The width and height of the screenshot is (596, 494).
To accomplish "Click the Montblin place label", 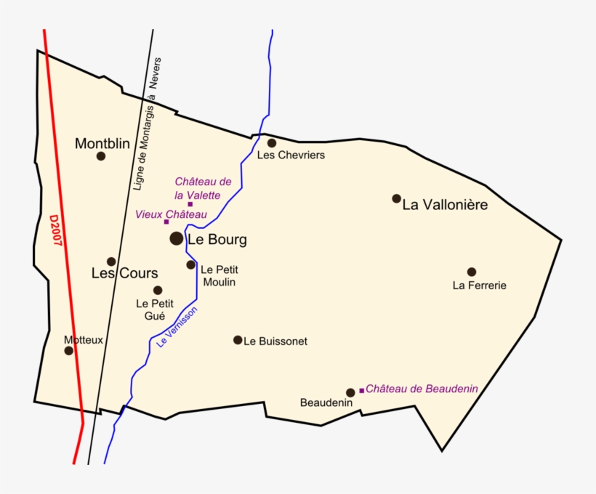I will point(102,144).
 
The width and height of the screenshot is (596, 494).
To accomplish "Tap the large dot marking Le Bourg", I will point(177,238).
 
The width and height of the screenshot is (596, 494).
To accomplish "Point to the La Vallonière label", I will point(445,205).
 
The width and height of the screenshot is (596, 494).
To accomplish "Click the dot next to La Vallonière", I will point(397,198).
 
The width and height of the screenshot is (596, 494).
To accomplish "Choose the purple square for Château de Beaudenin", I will point(361,390).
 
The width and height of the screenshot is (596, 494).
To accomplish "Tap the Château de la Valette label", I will point(203,188).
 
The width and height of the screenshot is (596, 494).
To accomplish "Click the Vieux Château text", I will point(171,214).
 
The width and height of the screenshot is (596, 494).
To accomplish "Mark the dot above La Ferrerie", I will point(472,272).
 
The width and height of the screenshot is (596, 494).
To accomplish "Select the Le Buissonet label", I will point(275,341).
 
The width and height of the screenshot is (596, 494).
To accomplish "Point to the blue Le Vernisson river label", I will point(177,326).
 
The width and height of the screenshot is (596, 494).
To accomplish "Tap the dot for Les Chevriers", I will point(272,143).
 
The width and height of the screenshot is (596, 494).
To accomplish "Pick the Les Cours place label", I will point(124,274).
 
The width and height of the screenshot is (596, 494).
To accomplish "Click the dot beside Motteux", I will point(69,350).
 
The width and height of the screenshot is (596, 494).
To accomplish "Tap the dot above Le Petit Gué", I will point(158,291).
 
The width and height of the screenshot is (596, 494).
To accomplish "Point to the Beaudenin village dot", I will point(350,392).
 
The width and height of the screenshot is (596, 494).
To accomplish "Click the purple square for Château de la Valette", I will point(190,204).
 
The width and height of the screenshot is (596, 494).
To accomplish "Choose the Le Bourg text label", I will point(217,239).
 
